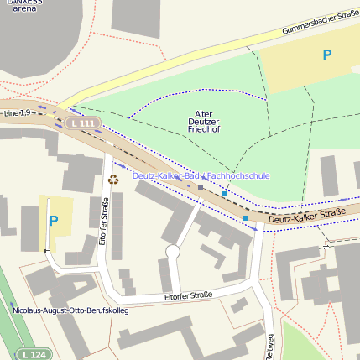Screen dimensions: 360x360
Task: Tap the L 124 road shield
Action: coord(34,355)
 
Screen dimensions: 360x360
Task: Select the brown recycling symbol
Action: coord(113,178)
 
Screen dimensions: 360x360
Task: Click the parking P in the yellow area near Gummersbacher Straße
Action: coord(327,55)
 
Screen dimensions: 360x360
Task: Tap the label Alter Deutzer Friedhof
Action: coord(202,122)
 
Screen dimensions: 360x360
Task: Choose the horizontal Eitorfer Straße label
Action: coord(188,296)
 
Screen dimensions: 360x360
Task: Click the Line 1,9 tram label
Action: coord(16,112)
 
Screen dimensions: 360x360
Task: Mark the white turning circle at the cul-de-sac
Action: coord(173,252)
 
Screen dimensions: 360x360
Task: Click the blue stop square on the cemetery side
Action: coord(224,194)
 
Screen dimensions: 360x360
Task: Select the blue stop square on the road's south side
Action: coord(245,218)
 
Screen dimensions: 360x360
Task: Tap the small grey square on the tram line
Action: coord(201,187)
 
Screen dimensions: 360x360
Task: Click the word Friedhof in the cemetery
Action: coord(202,131)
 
